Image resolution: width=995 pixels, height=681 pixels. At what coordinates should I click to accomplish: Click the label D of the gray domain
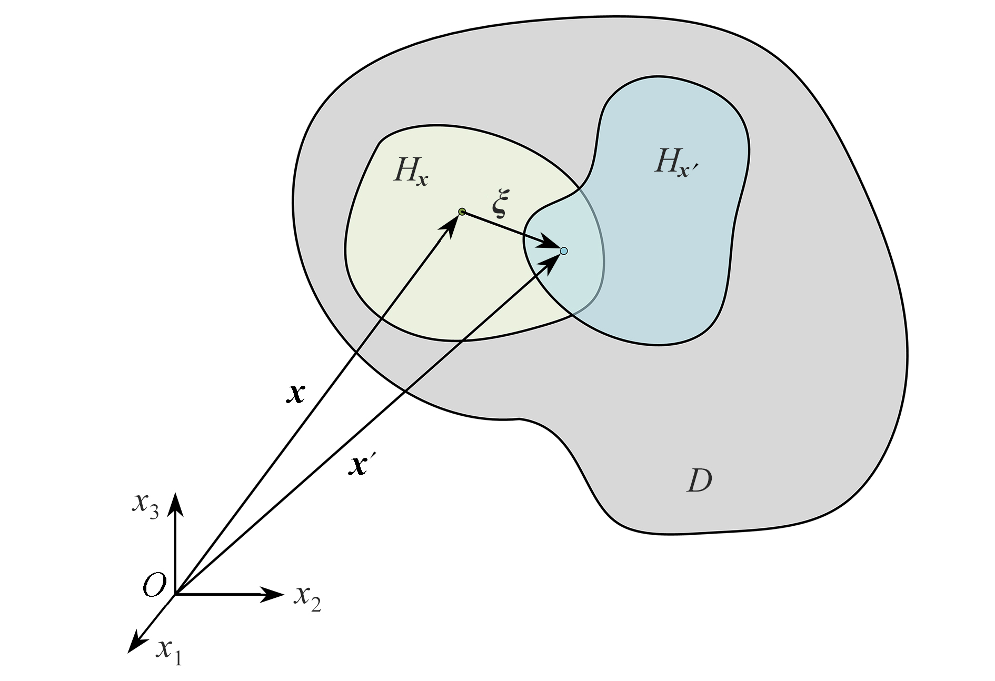[700, 480]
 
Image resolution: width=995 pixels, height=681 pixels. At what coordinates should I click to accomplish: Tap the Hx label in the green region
[410, 172]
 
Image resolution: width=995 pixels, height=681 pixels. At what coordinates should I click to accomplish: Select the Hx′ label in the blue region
[679, 162]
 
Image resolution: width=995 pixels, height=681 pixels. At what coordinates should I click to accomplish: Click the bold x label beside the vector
[296, 393]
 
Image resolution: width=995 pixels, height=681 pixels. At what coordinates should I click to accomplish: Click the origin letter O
[154, 585]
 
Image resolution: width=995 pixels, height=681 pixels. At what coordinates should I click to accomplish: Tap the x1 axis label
[168, 653]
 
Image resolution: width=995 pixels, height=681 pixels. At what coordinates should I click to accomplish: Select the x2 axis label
[307, 597]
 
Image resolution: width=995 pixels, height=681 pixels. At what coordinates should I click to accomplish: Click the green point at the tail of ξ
[462, 212]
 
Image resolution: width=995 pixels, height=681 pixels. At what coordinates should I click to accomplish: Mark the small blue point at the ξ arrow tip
[564, 251]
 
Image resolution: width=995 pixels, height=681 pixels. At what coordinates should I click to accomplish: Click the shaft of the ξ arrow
[505, 228]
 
